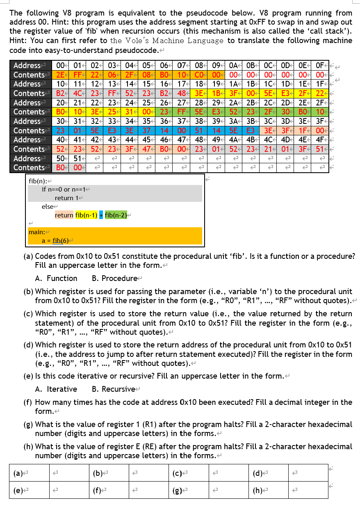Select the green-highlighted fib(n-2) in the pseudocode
[116, 215]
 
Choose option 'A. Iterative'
[56, 389]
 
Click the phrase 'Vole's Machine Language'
[166, 40]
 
